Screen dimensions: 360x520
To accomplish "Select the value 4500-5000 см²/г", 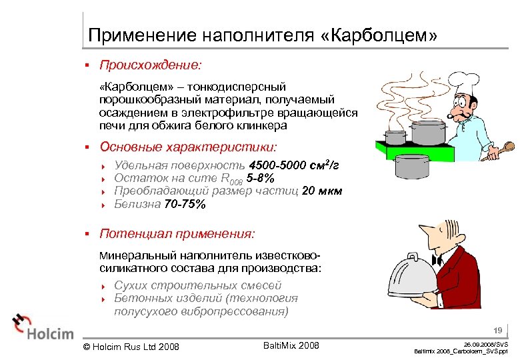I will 294,165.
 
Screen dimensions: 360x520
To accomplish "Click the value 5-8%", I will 259,178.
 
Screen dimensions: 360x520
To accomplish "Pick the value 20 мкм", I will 322,191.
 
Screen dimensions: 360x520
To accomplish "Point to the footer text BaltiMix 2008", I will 291,345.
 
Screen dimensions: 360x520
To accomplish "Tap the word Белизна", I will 137,204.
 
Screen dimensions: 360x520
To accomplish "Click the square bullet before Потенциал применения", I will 87,234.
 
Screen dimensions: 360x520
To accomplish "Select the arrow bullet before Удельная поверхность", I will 104,165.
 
